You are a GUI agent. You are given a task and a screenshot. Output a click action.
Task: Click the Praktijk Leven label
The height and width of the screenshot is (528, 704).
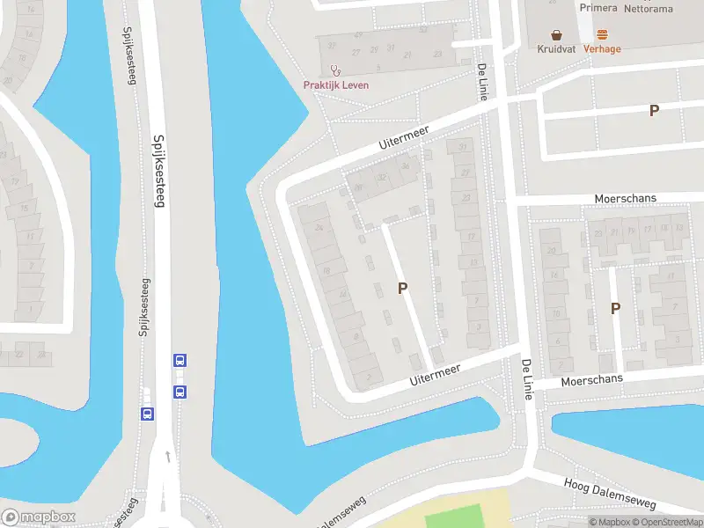pyautogui.click(x=336, y=84)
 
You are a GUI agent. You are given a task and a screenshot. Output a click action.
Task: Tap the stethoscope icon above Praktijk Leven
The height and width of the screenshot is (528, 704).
pyautogui.click(x=335, y=70)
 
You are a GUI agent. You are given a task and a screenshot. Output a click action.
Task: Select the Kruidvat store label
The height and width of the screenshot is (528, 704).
pyautogui.click(x=556, y=49)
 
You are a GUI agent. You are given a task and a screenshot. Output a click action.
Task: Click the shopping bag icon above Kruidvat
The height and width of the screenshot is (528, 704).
pyautogui.click(x=556, y=35)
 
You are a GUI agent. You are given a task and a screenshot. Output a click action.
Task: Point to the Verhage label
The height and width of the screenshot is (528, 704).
pyautogui.click(x=602, y=49)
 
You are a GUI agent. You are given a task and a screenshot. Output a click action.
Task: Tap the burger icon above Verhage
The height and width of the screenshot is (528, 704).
pyautogui.click(x=602, y=35)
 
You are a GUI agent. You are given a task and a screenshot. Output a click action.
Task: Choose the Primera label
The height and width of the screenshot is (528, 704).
pyautogui.click(x=598, y=7)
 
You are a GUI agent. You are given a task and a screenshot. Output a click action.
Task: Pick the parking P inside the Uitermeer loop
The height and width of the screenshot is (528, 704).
pyautogui.click(x=403, y=288)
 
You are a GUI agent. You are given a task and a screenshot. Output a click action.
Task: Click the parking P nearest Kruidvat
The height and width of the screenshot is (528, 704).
pyautogui.click(x=654, y=110)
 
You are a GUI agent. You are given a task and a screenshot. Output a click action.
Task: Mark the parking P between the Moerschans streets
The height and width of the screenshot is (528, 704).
pyautogui.click(x=615, y=308)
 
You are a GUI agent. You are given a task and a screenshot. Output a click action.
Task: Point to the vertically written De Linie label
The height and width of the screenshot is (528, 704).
pyautogui.click(x=481, y=82)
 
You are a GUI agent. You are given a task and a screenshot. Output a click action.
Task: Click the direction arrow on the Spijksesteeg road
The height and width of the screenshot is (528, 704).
pyautogui.click(x=167, y=456)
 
